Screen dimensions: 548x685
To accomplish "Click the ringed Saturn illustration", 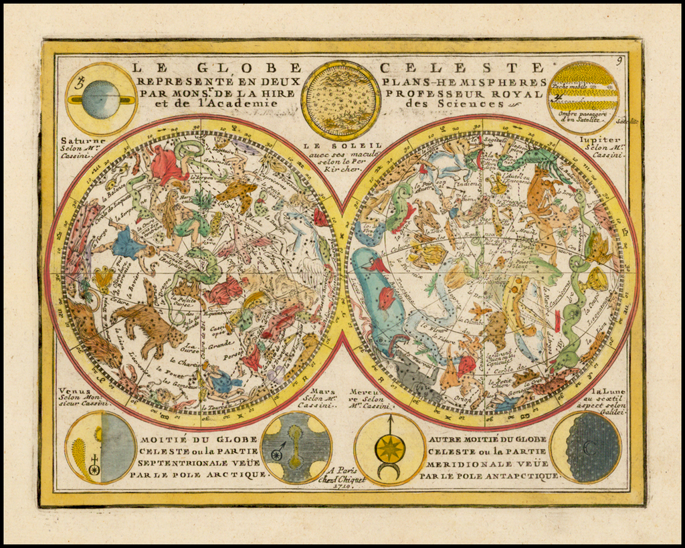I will [101, 100].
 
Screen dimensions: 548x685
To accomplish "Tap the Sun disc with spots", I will [340, 100].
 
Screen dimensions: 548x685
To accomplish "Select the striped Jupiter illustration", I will [583, 98].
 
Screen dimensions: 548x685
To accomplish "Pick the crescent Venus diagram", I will [101, 447].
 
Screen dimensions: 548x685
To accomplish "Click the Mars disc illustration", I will [296, 447].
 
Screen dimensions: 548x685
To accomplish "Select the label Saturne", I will [83, 141].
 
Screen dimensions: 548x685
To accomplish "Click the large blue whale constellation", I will [378, 294].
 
